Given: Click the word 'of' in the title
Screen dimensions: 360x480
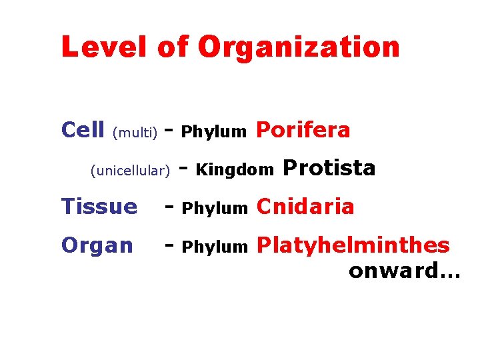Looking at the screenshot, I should (173, 47).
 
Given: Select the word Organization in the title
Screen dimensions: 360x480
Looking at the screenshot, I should (299, 47).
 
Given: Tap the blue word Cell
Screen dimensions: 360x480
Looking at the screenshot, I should (83, 130).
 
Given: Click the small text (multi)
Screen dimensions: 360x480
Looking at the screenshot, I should (135, 133).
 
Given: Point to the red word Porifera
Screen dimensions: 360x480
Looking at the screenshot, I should (303, 131).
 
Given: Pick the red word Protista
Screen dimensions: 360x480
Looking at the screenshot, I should (329, 168).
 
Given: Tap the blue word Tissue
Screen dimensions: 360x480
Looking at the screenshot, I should (99, 207).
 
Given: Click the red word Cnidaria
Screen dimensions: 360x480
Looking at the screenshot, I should (305, 207).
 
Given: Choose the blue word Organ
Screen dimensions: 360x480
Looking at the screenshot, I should (97, 245).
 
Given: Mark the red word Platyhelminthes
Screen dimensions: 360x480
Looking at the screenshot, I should (353, 245).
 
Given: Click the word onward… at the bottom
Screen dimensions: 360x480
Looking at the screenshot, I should (404, 270).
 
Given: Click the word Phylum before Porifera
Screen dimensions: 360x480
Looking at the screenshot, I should (214, 132).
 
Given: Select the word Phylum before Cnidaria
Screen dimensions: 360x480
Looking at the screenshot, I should (214, 209).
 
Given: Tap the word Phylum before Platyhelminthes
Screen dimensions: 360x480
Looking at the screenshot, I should (214, 247).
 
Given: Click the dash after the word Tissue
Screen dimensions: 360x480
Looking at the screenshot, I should (169, 208).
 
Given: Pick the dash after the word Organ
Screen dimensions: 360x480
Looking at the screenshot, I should (169, 247).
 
